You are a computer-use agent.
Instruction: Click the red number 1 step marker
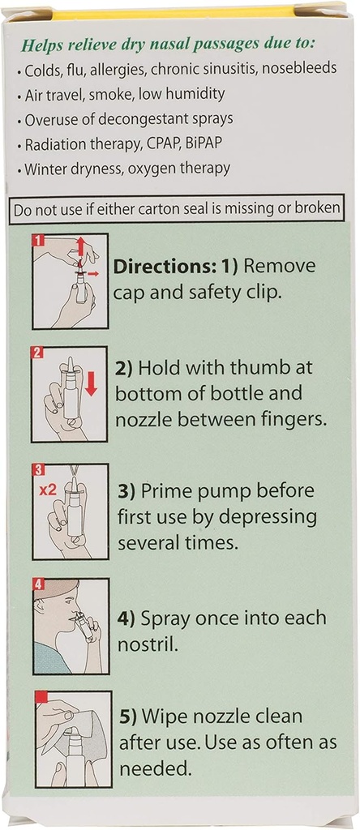click(38, 241)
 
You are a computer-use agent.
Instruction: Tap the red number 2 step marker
click(37, 353)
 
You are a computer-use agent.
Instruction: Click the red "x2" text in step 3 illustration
click(46, 490)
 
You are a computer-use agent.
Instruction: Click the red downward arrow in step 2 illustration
click(91, 383)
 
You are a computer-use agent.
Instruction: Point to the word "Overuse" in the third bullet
click(51, 119)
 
